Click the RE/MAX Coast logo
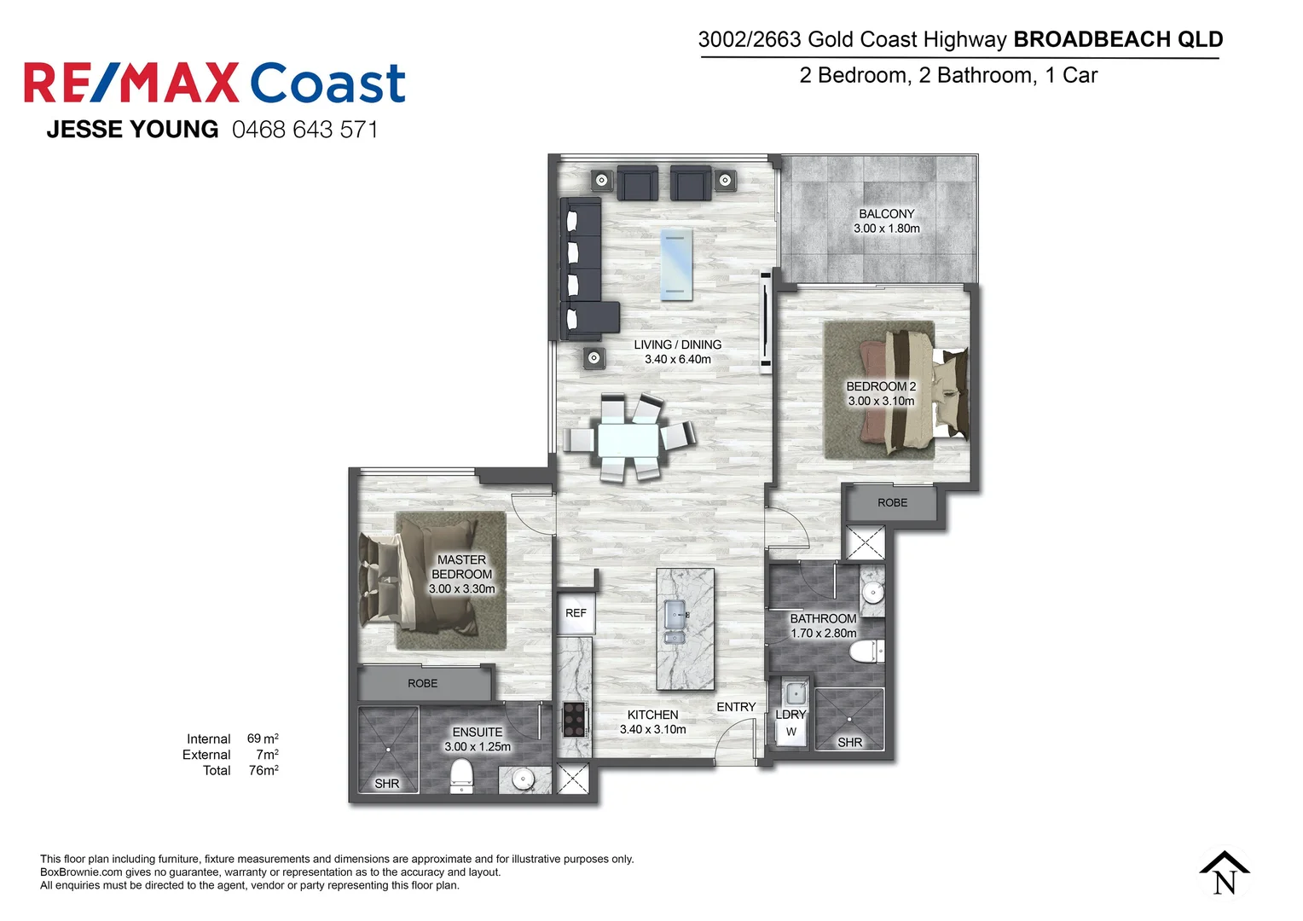(x=214, y=84)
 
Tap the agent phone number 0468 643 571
(x=304, y=130)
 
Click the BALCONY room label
(x=886, y=214)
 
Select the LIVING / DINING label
(x=677, y=345)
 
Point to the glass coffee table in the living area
(x=676, y=264)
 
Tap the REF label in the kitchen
(x=576, y=613)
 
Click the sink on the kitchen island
(x=675, y=622)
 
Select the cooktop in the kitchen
(x=574, y=719)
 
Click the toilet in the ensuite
(x=460, y=775)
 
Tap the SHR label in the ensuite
(x=386, y=784)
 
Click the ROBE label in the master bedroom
(x=422, y=684)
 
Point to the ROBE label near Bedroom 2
(x=892, y=503)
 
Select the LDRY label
(x=790, y=715)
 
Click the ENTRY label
(x=736, y=707)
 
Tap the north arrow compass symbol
(x=1225, y=872)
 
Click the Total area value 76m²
(x=263, y=771)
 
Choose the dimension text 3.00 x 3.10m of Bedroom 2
(x=881, y=401)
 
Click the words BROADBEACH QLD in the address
(x=1118, y=39)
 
